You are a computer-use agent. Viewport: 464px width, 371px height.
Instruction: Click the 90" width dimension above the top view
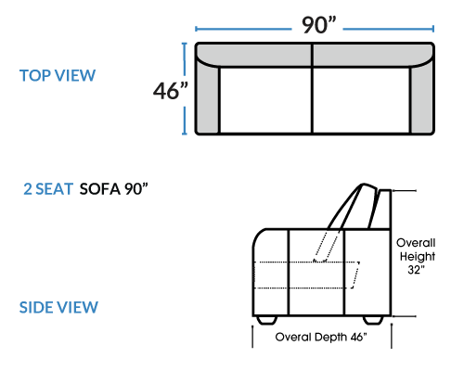[x=318, y=25]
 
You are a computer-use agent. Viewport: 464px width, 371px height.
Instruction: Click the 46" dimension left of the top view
[x=171, y=91]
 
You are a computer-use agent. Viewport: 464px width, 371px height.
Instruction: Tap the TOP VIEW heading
[x=58, y=76]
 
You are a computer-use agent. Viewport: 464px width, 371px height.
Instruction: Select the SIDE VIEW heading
[x=58, y=307]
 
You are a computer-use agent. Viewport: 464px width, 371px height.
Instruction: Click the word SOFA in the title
[x=100, y=189]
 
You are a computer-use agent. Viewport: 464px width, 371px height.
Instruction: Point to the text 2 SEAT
[x=48, y=189]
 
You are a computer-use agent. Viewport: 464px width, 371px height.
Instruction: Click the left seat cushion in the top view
[x=265, y=100]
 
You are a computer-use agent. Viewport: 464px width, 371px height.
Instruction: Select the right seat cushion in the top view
[x=361, y=100]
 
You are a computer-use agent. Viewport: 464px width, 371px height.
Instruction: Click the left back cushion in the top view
[x=254, y=55]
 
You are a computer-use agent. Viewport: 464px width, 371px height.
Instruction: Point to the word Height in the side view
[x=418, y=257]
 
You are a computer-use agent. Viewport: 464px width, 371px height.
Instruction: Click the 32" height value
[x=416, y=270]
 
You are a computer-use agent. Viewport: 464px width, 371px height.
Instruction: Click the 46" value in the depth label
[x=358, y=337]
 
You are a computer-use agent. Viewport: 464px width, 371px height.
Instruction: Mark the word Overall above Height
[x=416, y=243]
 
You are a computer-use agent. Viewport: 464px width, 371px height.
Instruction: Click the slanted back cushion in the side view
[x=353, y=207]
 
